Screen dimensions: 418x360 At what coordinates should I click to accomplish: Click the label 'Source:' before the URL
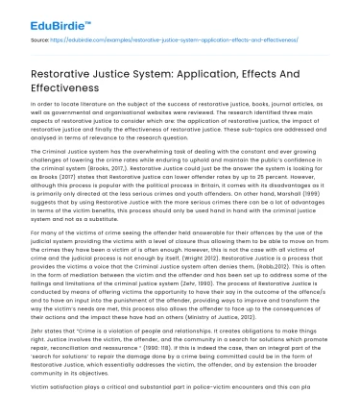pos(40,41)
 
